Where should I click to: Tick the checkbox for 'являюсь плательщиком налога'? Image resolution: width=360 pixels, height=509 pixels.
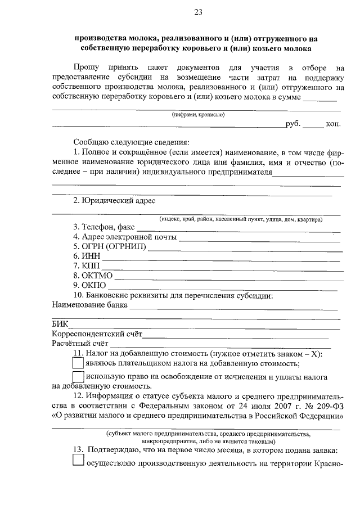pyautogui.click(x=78, y=364)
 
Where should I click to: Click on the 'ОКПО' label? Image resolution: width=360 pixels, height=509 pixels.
pyautogui.click(x=90, y=285)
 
